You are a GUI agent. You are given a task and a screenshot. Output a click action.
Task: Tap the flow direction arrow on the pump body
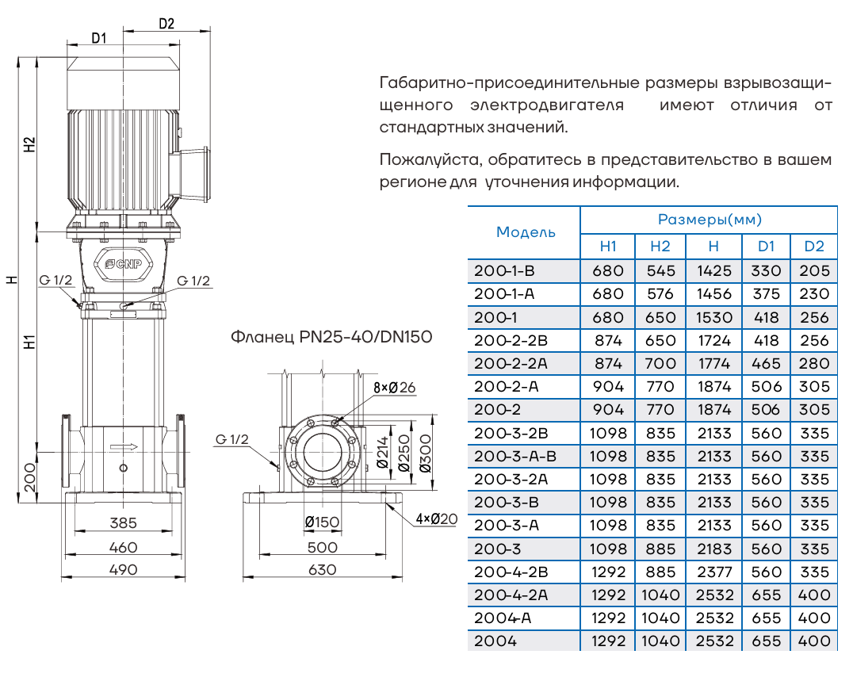point(124,448)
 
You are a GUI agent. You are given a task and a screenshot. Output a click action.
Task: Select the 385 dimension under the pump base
point(124,523)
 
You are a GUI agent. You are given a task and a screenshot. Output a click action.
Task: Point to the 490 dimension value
point(124,569)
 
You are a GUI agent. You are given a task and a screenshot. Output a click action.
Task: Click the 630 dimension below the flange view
point(323,569)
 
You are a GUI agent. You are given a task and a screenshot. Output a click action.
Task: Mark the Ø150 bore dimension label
point(321,522)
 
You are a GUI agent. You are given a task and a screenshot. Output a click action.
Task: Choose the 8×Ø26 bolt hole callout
point(394,387)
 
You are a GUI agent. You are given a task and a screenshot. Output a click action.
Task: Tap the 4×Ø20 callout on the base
point(437,519)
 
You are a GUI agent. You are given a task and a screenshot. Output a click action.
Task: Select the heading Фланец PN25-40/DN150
point(331,337)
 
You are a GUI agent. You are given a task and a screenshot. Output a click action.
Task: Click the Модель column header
point(526,232)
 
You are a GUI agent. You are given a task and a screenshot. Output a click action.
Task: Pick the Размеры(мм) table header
point(709,220)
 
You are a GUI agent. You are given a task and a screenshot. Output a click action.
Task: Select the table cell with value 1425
point(713,271)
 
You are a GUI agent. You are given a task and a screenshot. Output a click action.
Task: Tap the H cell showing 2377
point(713,572)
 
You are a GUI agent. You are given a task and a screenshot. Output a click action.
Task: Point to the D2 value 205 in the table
point(814,271)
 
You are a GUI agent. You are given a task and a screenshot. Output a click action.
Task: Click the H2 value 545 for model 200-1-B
point(660,271)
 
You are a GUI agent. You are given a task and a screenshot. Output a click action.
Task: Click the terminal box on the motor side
point(195,172)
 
